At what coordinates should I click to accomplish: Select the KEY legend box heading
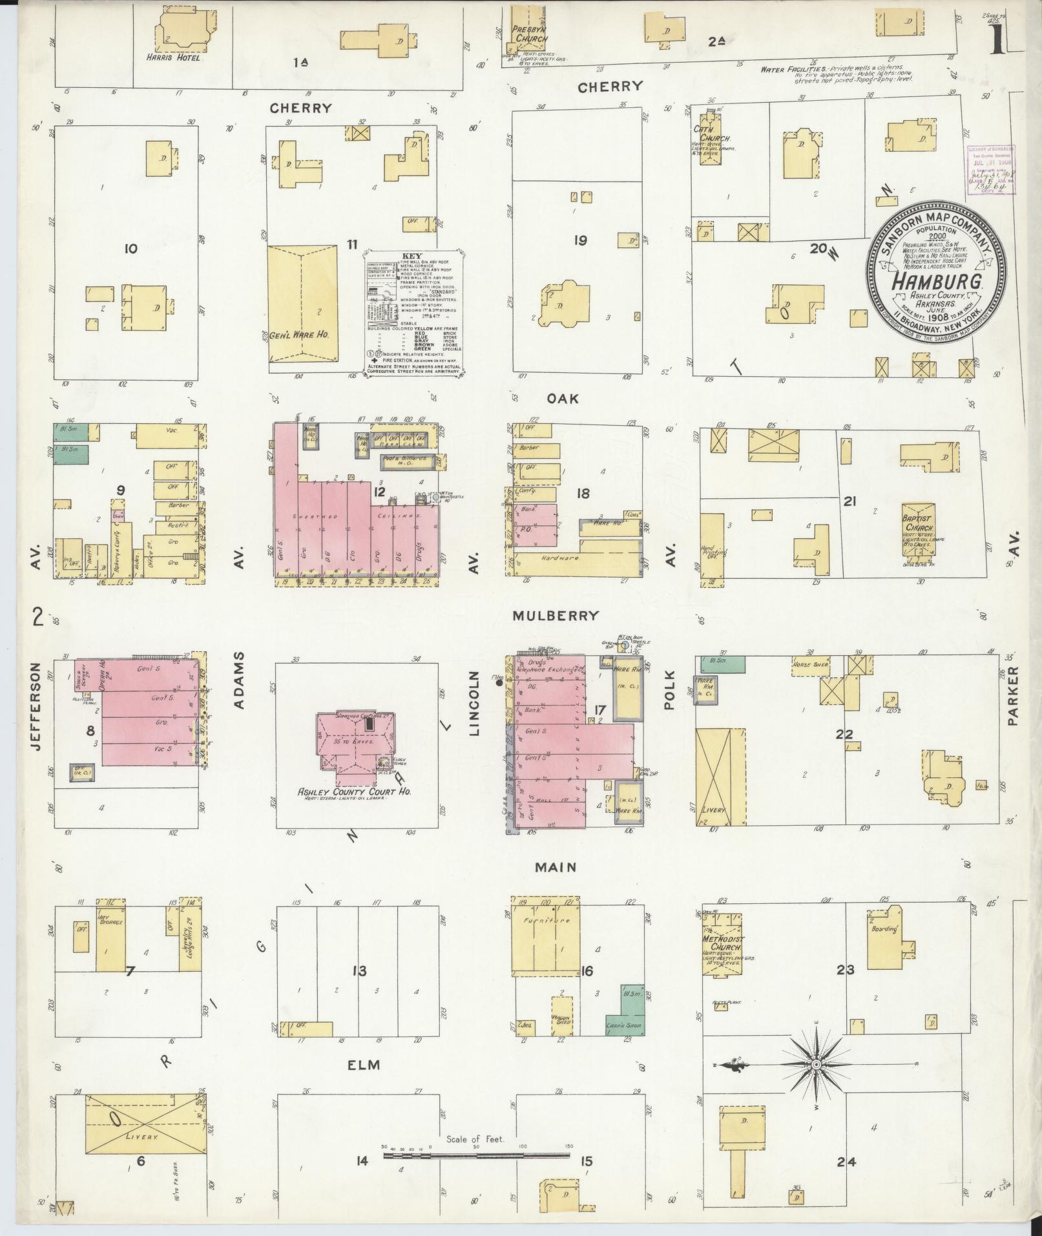coord(412,256)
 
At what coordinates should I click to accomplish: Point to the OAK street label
coord(562,399)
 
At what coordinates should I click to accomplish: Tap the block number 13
coord(359,971)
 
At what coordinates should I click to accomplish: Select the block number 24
coord(846,1162)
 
